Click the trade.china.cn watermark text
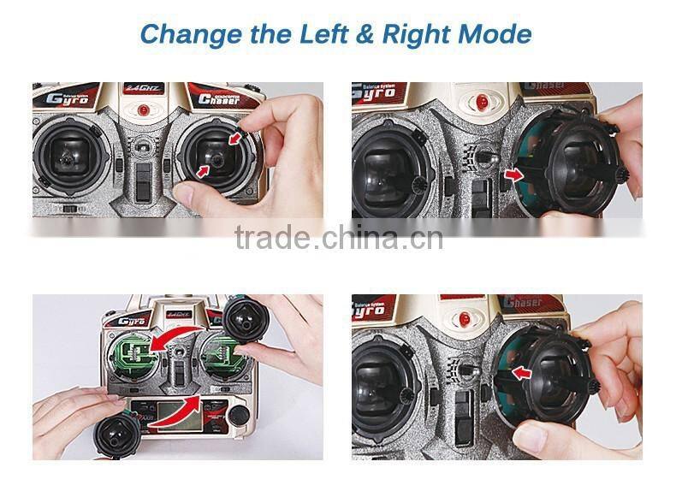(x=338, y=237)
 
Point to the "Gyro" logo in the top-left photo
(x=66, y=98)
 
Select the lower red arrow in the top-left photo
(x=202, y=171)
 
